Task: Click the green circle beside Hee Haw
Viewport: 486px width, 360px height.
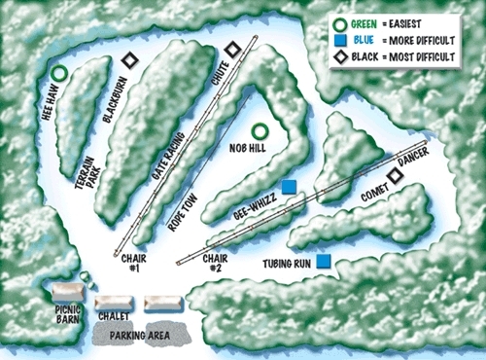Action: coord(58,72)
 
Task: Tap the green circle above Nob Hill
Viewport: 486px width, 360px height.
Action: coord(260,131)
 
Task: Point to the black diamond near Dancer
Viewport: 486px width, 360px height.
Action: coord(394,175)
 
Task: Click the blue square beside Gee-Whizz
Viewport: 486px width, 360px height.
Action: coord(289,187)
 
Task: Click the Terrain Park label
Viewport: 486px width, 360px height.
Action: coord(90,186)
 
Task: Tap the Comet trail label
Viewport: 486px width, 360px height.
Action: coord(374,196)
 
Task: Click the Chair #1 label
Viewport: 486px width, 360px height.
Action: coord(132,264)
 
